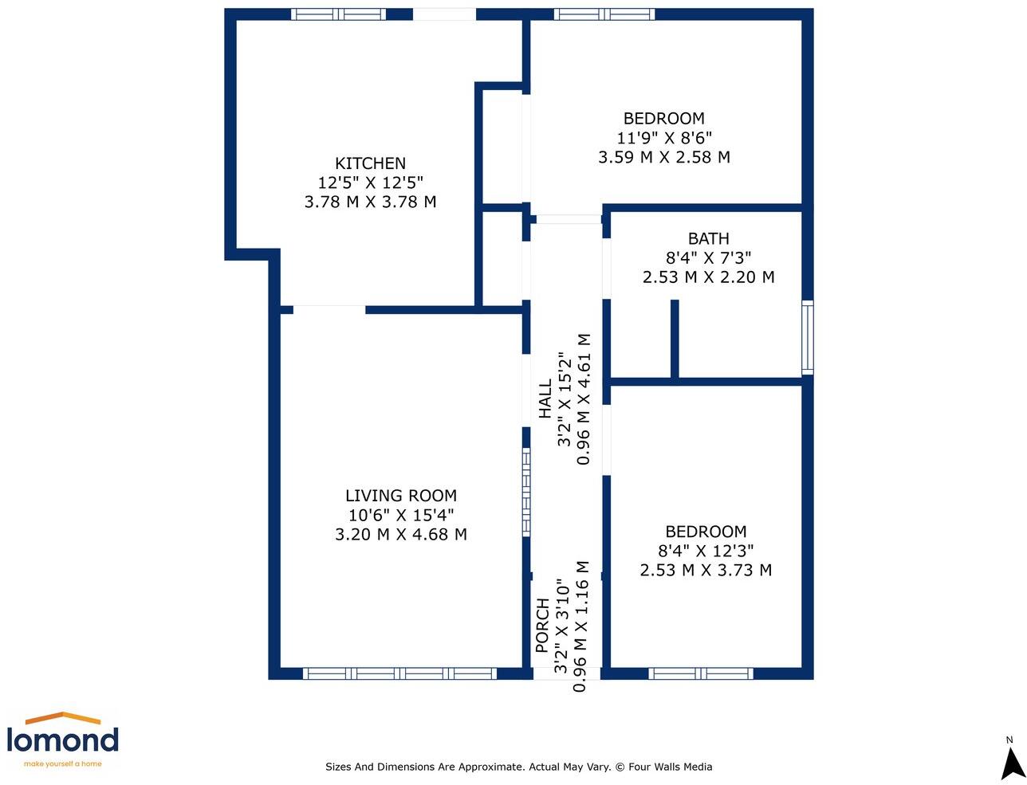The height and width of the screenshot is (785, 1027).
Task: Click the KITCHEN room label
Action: pyautogui.click(x=370, y=163)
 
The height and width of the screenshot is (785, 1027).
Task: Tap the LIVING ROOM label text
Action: pyautogui.click(x=401, y=496)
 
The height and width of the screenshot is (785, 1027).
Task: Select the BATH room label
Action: pyautogui.click(x=709, y=238)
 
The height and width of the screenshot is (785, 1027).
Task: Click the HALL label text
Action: pyautogui.click(x=545, y=398)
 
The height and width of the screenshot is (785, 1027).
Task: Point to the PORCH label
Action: pyautogui.click(x=542, y=626)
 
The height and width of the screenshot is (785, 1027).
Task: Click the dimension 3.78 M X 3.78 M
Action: pyautogui.click(x=370, y=202)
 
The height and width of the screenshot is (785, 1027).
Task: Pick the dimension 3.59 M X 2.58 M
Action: pyautogui.click(x=664, y=158)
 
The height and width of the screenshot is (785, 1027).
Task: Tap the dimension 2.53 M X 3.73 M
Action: pyautogui.click(x=706, y=571)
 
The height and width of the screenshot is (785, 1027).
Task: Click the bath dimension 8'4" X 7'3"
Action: pyautogui.click(x=709, y=258)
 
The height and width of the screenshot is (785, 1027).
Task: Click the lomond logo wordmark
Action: pyautogui.click(x=62, y=740)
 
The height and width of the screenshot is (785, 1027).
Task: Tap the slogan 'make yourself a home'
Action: pyautogui.click(x=63, y=764)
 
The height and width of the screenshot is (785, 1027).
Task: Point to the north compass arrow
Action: pyautogui.click(x=1012, y=763)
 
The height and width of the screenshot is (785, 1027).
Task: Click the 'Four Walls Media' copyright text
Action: pyautogui.click(x=670, y=767)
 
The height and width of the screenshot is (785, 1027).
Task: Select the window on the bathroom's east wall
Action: pyautogui.click(x=808, y=338)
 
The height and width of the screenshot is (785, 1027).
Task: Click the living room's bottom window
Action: pyautogui.click(x=400, y=674)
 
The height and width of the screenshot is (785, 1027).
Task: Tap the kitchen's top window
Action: pyautogui.click(x=338, y=14)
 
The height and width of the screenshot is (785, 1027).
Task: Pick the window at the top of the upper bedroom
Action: pyautogui.click(x=604, y=14)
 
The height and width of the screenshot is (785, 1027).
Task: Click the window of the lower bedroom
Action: pyautogui.click(x=701, y=674)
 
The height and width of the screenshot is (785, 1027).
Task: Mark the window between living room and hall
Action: pyautogui.click(x=526, y=492)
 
